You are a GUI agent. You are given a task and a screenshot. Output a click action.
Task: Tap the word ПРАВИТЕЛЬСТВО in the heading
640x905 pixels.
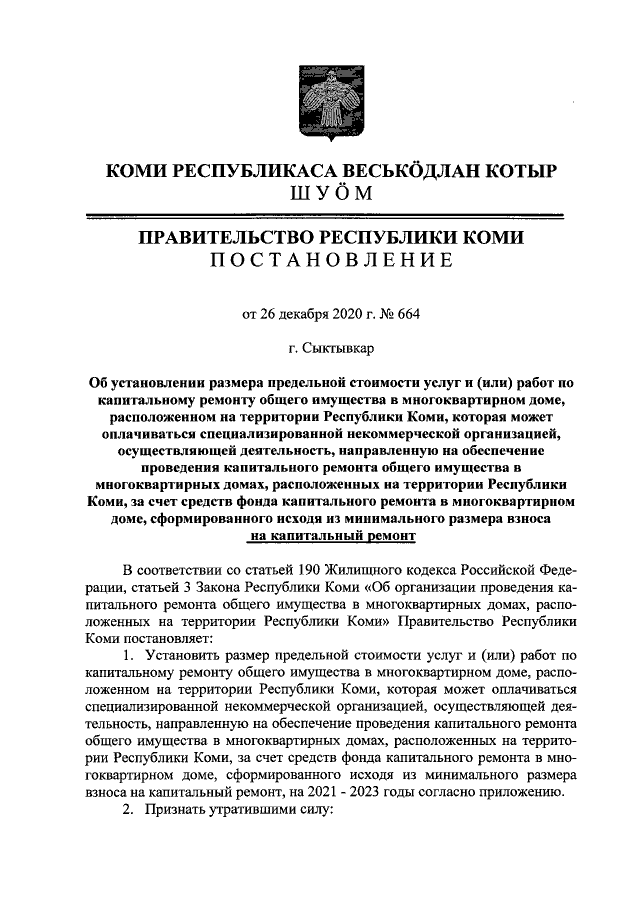pos(224,238)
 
